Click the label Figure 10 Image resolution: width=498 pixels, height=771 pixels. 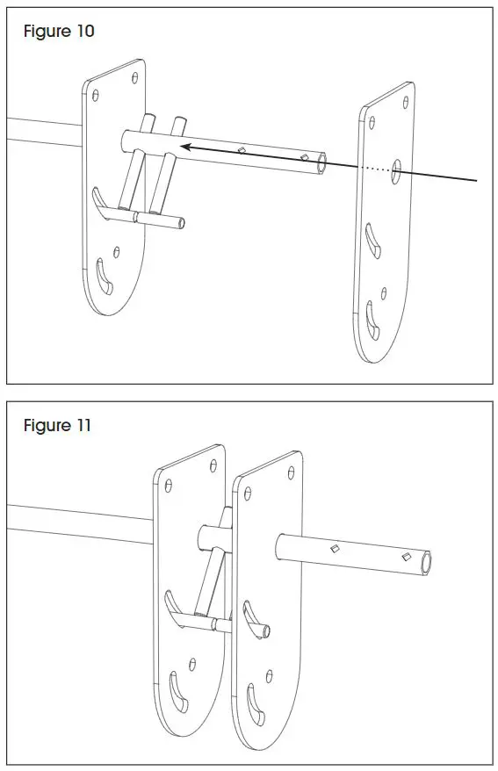pyautogui.click(x=59, y=32)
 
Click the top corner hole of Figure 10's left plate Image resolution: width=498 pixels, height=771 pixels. pyautogui.click(x=134, y=77)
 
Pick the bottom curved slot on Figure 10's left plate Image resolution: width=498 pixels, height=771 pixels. pyautogui.click(x=105, y=279)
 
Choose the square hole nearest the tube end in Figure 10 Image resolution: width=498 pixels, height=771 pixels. pyautogui.click(x=304, y=157)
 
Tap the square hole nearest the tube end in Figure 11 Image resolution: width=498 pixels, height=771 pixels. pyautogui.click(x=405, y=557)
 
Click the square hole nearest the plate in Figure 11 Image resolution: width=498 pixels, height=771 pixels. pyautogui.click(x=335, y=549)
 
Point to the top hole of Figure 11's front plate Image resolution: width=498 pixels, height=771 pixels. pyautogui.click(x=291, y=472)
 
